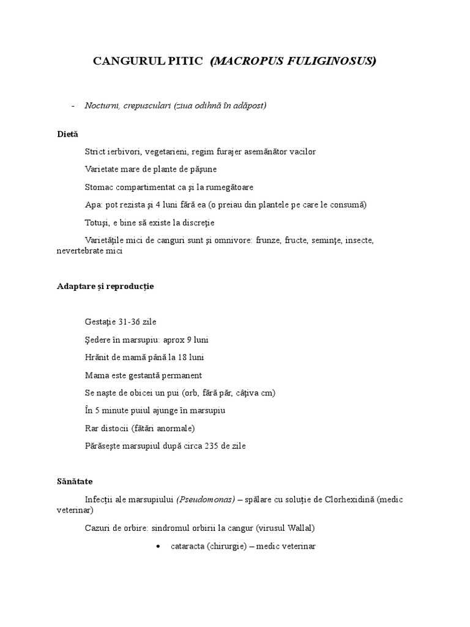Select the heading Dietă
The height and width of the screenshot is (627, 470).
[67, 134]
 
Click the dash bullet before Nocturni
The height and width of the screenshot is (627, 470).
[73, 105]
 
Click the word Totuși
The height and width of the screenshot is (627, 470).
[97, 222]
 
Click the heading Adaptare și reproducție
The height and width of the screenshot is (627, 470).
[105, 287]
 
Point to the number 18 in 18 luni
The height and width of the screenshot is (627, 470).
[177, 357]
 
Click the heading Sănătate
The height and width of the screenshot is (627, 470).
[75, 481]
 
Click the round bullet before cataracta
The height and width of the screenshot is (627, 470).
[159, 545]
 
